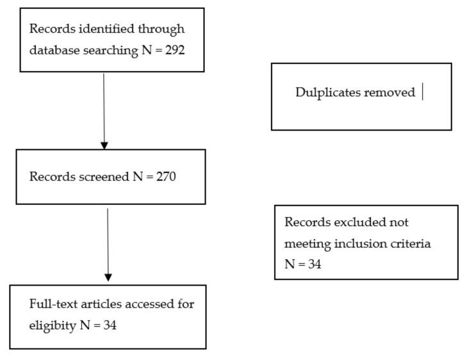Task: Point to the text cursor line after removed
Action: (423, 92)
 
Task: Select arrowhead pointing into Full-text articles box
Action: (108, 277)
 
